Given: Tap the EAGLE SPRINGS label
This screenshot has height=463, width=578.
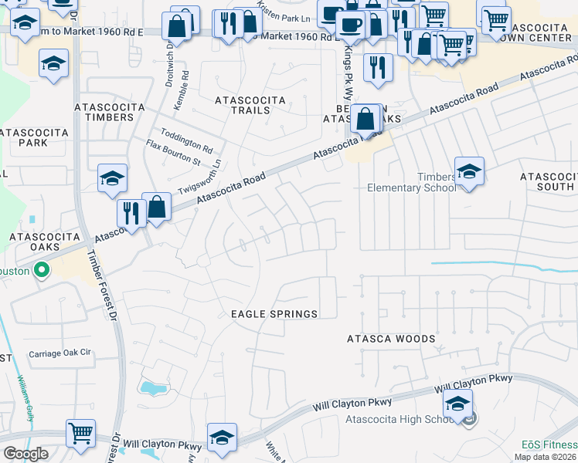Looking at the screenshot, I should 274,314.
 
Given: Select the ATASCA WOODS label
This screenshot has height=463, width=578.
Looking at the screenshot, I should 390,339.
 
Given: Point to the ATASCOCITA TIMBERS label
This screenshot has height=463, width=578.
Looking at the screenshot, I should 104,111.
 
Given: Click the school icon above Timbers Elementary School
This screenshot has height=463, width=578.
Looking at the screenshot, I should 469,171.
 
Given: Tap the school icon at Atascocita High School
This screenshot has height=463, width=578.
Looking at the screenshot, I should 457,405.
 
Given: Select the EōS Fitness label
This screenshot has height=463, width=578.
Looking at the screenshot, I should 549,444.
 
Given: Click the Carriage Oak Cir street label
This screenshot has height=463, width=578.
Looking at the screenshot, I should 59,353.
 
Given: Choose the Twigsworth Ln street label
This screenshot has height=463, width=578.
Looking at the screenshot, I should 199,177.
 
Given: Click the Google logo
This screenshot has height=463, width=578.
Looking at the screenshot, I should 25,454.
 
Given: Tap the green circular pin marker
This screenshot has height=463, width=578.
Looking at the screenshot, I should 42,271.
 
